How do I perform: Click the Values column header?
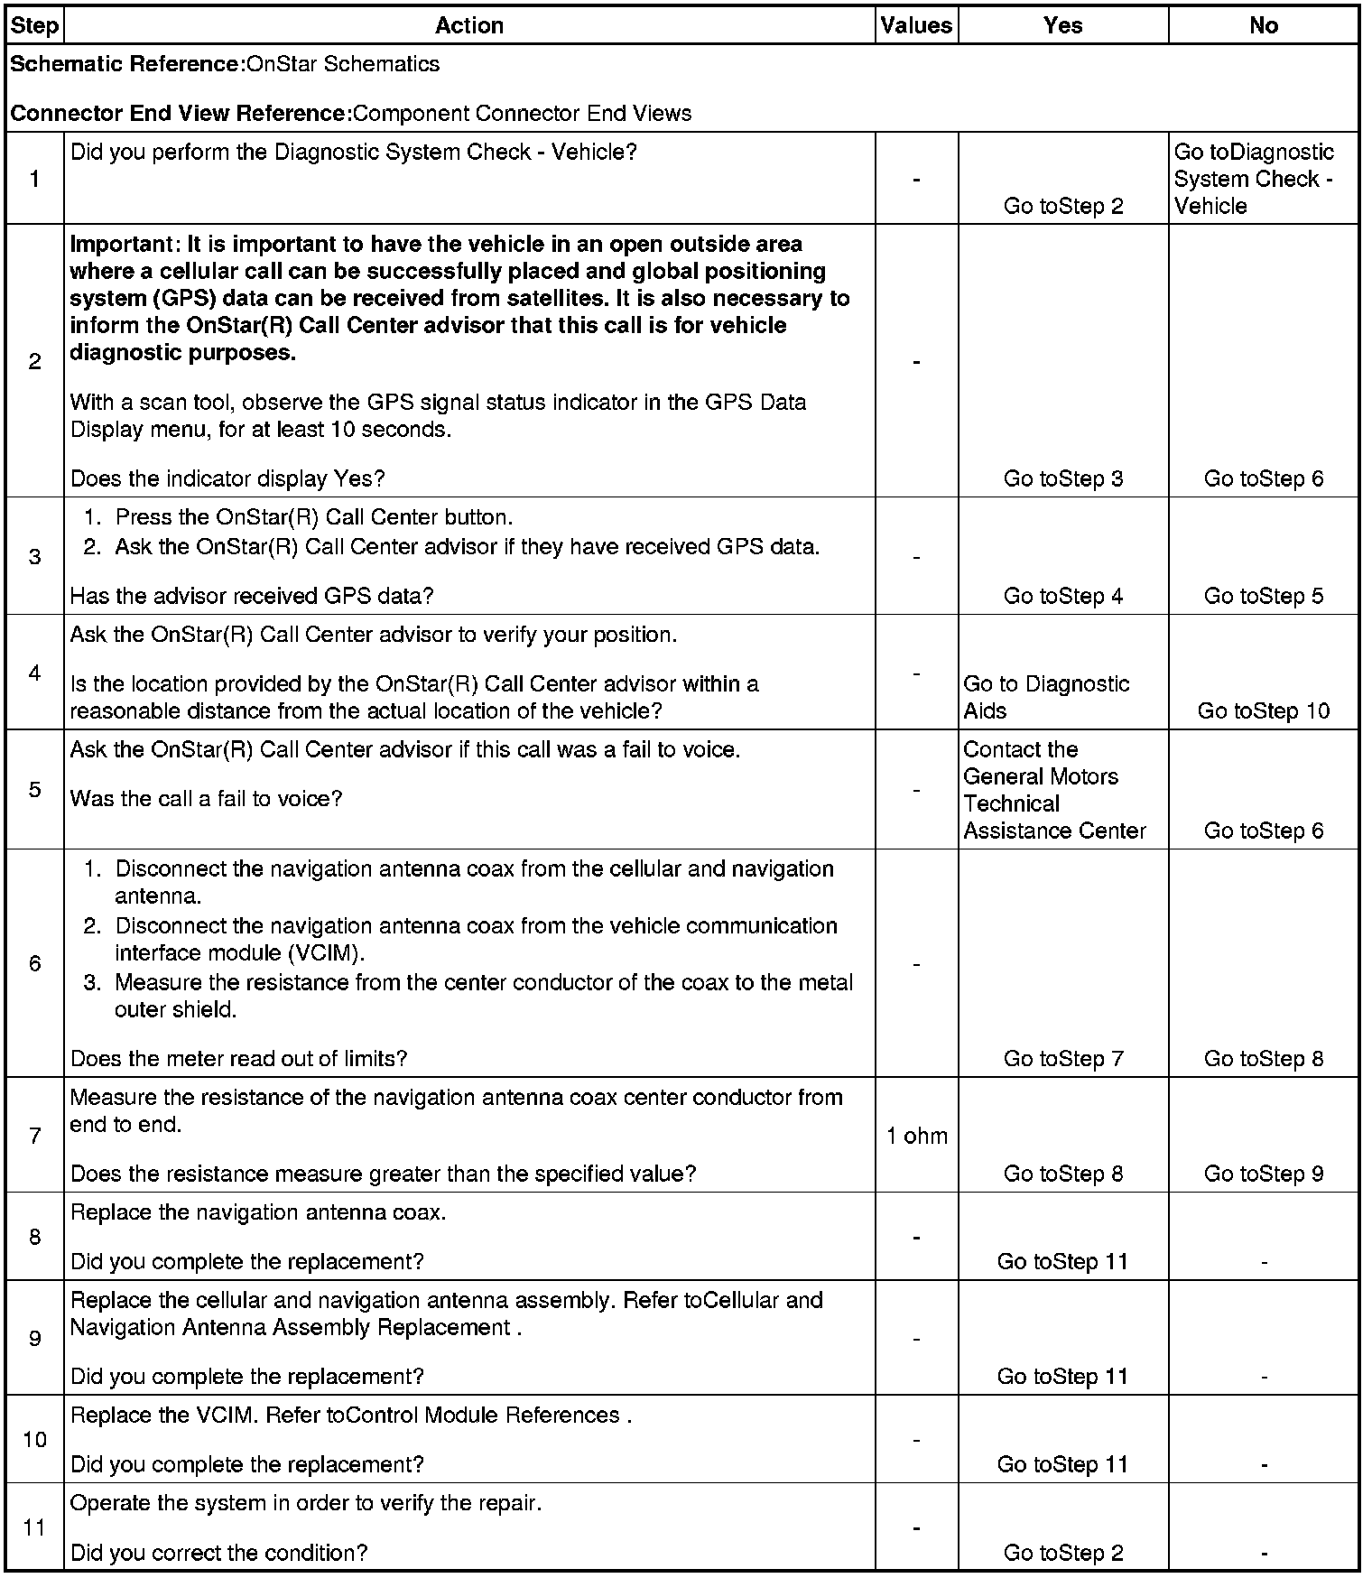[916, 25]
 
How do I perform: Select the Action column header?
[468, 25]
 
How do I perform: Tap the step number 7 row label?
[34, 1136]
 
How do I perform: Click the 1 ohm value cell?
[916, 1136]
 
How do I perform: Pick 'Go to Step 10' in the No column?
[1263, 710]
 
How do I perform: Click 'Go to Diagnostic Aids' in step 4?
[1045, 697]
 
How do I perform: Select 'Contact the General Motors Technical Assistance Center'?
[1053, 790]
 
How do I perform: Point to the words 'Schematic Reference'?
[125, 64]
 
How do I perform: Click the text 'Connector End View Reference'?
[180, 114]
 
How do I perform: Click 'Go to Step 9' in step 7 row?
[1263, 1174]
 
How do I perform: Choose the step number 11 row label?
[34, 1527]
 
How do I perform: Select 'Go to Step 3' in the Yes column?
[1062, 478]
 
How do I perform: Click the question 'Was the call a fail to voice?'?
[206, 799]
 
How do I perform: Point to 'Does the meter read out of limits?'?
[238, 1058]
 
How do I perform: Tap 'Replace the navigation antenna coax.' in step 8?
[257, 1212]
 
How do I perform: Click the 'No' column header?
[1263, 25]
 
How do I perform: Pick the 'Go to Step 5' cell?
[1263, 596]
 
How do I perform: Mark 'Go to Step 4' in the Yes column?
[1062, 596]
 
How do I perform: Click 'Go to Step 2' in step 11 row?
[1062, 1553]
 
